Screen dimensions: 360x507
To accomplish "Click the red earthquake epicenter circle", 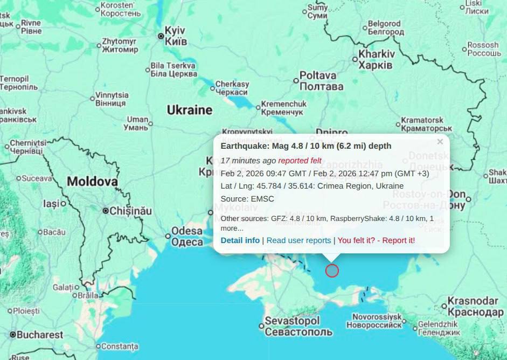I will (x=332, y=271).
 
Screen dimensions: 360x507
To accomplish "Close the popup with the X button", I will (x=440, y=142).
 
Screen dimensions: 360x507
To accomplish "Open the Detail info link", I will (x=240, y=240).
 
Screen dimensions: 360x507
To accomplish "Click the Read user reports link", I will (x=298, y=240).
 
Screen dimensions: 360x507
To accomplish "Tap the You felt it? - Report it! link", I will (x=376, y=240).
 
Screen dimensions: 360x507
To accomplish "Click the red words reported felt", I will (x=300, y=161).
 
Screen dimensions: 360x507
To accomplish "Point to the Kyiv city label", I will (x=176, y=35).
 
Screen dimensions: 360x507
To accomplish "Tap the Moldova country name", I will (x=92, y=182).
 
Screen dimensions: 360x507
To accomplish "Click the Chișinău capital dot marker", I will (x=106, y=211).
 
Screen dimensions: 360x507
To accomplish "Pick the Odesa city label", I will (x=187, y=237).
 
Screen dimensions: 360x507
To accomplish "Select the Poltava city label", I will (x=321, y=80).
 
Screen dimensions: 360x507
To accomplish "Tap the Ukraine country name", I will (x=189, y=110).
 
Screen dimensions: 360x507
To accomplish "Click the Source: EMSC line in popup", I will (x=247, y=199).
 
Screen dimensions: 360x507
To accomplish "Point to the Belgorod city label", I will (x=385, y=28).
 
